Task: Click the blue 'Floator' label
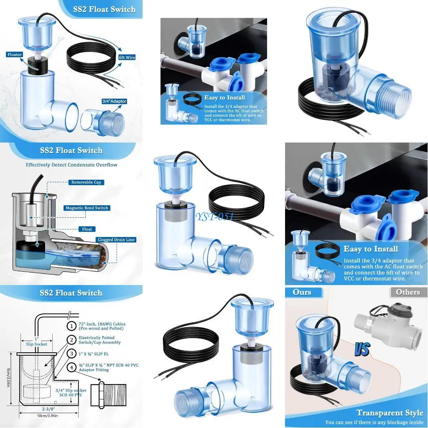(14, 55)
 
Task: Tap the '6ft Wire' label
(127, 57)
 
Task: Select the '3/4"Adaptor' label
(114, 101)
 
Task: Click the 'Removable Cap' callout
(86, 182)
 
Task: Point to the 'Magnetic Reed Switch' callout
(87, 208)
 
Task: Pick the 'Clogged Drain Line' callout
(116, 240)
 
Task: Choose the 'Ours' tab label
(302, 292)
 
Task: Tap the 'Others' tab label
(408, 292)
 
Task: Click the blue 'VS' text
(363, 348)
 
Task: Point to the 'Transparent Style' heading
(390, 413)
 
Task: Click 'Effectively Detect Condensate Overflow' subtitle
(71, 165)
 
